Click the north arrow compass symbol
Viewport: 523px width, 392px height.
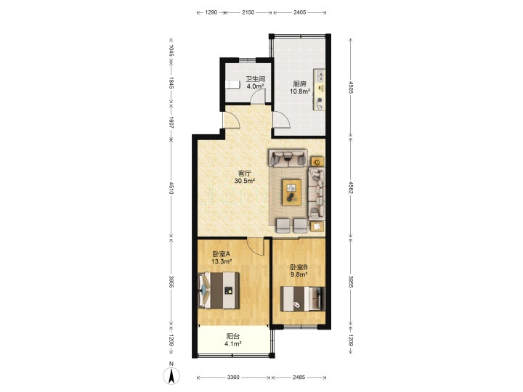click(x=171, y=375)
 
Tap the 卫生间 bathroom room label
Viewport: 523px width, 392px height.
click(x=255, y=79)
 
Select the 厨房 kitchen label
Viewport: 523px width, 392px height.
click(x=300, y=84)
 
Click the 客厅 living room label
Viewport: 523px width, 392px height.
click(x=245, y=173)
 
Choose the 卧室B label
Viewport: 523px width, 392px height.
click(x=299, y=267)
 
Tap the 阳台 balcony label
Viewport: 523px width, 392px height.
click(x=233, y=337)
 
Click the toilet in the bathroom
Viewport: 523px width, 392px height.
click(x=232, y=84)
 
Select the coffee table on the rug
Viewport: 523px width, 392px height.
click(x=291, y=192)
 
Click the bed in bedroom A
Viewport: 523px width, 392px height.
click(x=219, y=290)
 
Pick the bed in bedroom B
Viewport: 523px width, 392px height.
click(x=302, y=298)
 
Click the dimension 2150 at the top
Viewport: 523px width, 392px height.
click(x=248, y=12)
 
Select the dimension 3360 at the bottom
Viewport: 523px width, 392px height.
click(x=233, y=377)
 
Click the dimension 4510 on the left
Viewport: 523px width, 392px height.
click(x=171, y=188)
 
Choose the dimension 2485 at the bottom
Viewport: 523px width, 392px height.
click(x=299, y=377)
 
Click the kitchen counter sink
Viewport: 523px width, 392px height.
click(x=320, y=75)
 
